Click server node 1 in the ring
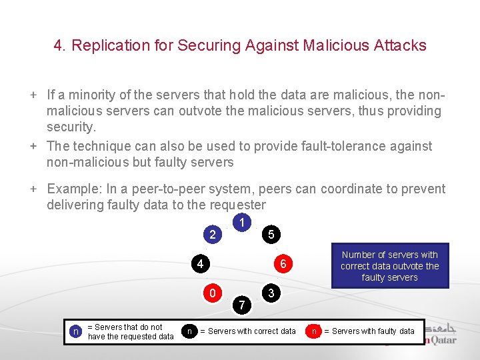click(x=243, y=221)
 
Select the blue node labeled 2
click(x=213, y=234)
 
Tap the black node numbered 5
click(x=270, y=234)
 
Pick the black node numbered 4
click(x=200, y=264)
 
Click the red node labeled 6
click(x=283, y=264)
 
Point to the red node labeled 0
click(x=212, y=293)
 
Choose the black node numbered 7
click(x=242, y=305)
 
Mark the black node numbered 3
click(x=270, y=293)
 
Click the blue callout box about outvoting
click(x=389, y=266)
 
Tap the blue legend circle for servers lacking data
click(x=76, y=331)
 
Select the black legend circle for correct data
click(x=190, y=331)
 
